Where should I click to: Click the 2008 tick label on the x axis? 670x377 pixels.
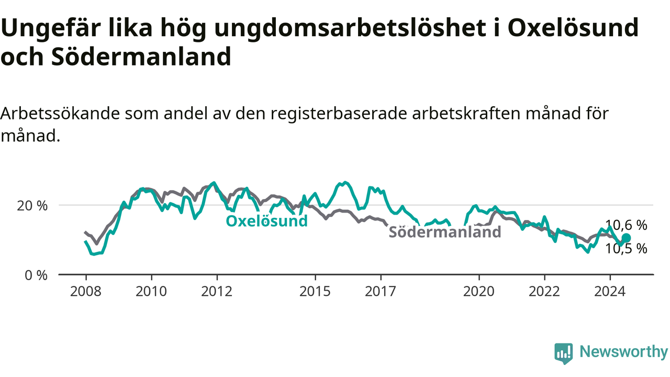(x=85, y=292)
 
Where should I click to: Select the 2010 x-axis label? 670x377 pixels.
(x=151, y=292)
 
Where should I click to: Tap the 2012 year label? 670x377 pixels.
(x=217, y=292)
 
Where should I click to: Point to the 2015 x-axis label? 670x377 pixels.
(x=315, y=292)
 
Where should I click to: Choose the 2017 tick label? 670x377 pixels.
(x=381, y=292)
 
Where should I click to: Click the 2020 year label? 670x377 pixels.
(x=479, y=292)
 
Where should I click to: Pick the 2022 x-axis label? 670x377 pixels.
(x=544, y=292)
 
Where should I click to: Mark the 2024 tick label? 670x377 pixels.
(x=610, y=292)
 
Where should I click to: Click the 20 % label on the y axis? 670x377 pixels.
(x=32, y=206)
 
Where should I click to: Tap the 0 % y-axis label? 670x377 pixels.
(x=36, y=275)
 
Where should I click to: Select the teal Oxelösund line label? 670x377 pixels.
(x=266, y=221)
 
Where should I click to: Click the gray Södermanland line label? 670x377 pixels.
(x=445, y=232)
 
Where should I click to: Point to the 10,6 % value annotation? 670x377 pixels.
(x=627, y=225)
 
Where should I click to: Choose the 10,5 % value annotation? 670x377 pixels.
(x=627, y=249)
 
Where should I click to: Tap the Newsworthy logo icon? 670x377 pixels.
(x=564, y=353)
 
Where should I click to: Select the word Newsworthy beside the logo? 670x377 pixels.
(x=624, y=351)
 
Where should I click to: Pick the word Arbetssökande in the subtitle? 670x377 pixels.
(x=60, y=114)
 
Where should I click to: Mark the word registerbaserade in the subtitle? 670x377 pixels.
(x=339, y=114)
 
